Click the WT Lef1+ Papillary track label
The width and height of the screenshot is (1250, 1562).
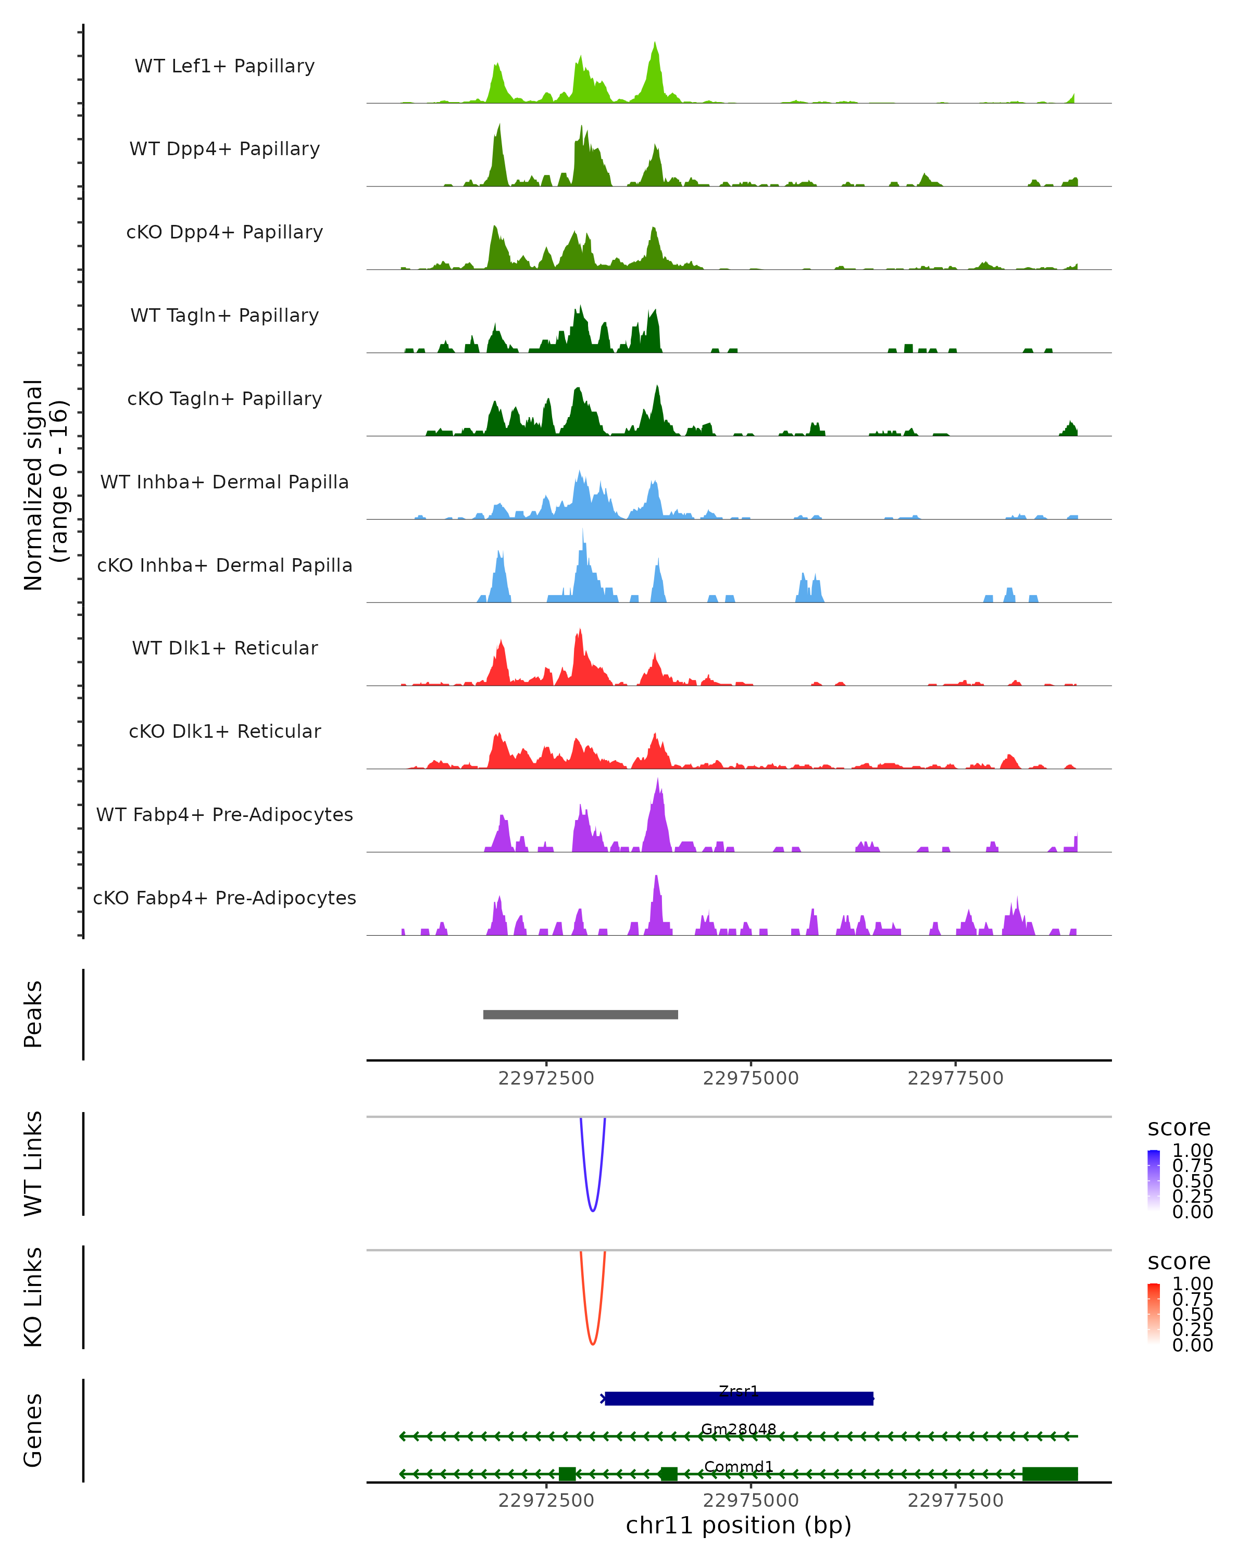click(224, 66)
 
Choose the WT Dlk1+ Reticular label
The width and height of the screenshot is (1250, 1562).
click(224, 648)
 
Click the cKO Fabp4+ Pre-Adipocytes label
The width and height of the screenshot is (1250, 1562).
click(224, 898)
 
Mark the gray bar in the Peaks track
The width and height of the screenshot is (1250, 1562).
click(580, 1014)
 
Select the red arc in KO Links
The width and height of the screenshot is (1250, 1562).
click(593, 1342)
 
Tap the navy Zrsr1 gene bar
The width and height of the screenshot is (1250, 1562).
click(739, 1399)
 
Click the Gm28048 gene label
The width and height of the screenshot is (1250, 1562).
click(739, 1429)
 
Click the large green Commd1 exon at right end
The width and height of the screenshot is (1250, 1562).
click(1050, 1473)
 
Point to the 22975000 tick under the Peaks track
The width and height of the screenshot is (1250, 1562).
click(751, 1078)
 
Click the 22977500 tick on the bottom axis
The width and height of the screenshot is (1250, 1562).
click(955, 1501)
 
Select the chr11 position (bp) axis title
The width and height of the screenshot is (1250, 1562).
click(739, 1526)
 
